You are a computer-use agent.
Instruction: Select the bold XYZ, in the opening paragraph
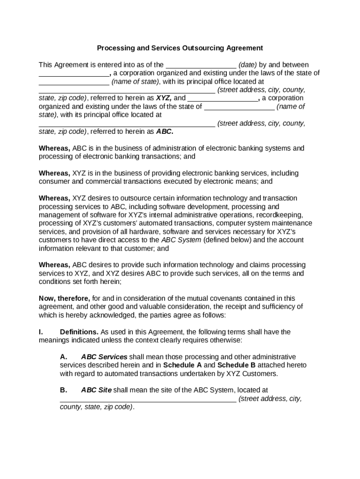click(x=164, y=98)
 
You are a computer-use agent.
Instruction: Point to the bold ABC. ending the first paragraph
click(x=165, y=132)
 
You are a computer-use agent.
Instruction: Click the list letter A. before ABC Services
click(x=64, y=357)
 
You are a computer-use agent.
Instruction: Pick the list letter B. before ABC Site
click(x=64, y=390)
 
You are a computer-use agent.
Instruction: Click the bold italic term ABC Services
click(x=104, y=357)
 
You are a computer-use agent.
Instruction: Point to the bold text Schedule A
click(x=182, y=365)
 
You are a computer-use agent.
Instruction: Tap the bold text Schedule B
click(x=237, y=365)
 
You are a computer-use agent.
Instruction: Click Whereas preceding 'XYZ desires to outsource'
click(x=54, y=198)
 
